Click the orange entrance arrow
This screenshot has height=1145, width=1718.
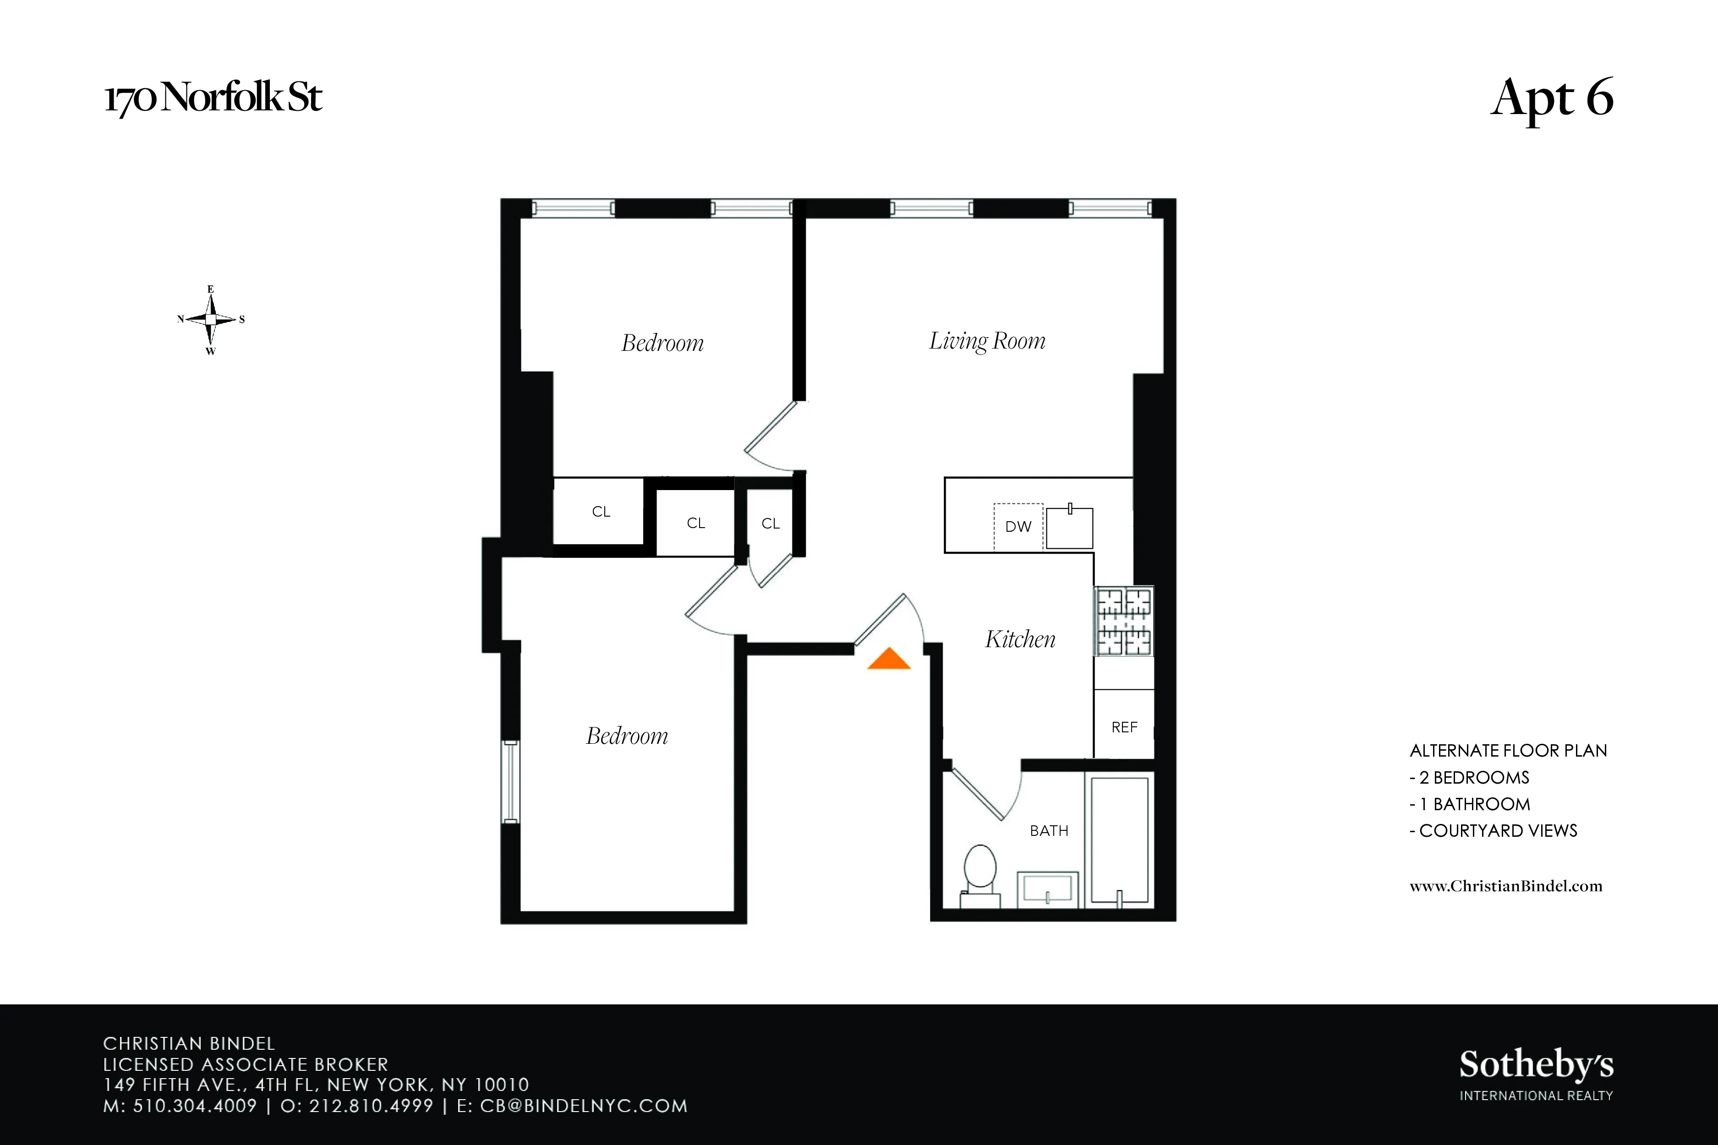pos(888,660)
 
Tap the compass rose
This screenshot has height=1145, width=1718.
pos(210,320)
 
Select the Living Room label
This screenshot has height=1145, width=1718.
pos(987,341)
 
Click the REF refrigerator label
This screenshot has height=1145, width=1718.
pos(1124,727)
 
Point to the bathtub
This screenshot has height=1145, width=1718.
pos(1119,840)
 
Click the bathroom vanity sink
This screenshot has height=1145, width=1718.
pos(1047,889)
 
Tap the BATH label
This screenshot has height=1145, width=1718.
pos(1049,831)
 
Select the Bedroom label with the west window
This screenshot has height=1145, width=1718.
pos(627,736)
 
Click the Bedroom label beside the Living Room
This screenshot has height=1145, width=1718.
pos(662,343)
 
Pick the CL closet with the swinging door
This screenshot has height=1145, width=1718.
pos(771,523)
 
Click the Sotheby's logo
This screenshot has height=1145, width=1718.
pos(1536,1074)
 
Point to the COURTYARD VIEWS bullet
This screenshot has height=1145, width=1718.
pos(1494,831)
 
